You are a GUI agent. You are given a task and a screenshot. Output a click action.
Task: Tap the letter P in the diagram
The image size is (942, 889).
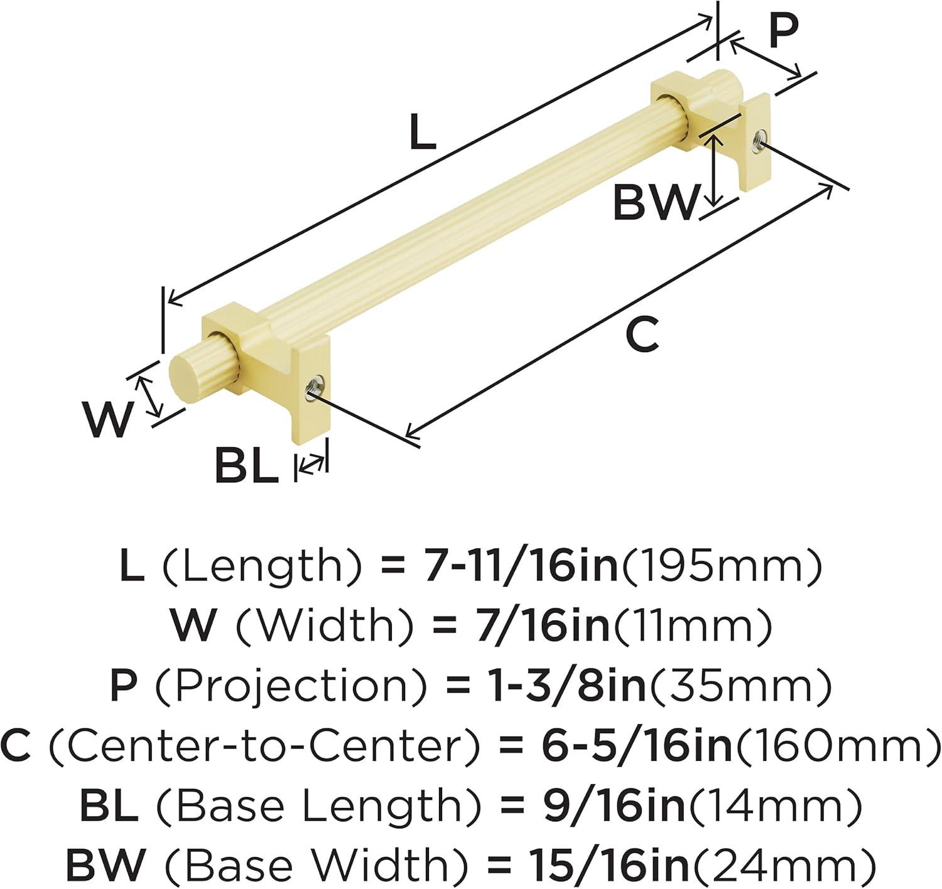(784, 30)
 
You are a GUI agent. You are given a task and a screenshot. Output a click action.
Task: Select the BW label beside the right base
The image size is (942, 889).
(656, 203)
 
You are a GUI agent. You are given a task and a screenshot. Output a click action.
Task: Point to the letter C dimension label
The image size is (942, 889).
(642, 335)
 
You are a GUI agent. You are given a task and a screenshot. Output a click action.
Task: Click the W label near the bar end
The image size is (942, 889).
(107, 419)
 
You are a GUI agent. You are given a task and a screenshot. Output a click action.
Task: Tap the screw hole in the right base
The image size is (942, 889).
(759, 140)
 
